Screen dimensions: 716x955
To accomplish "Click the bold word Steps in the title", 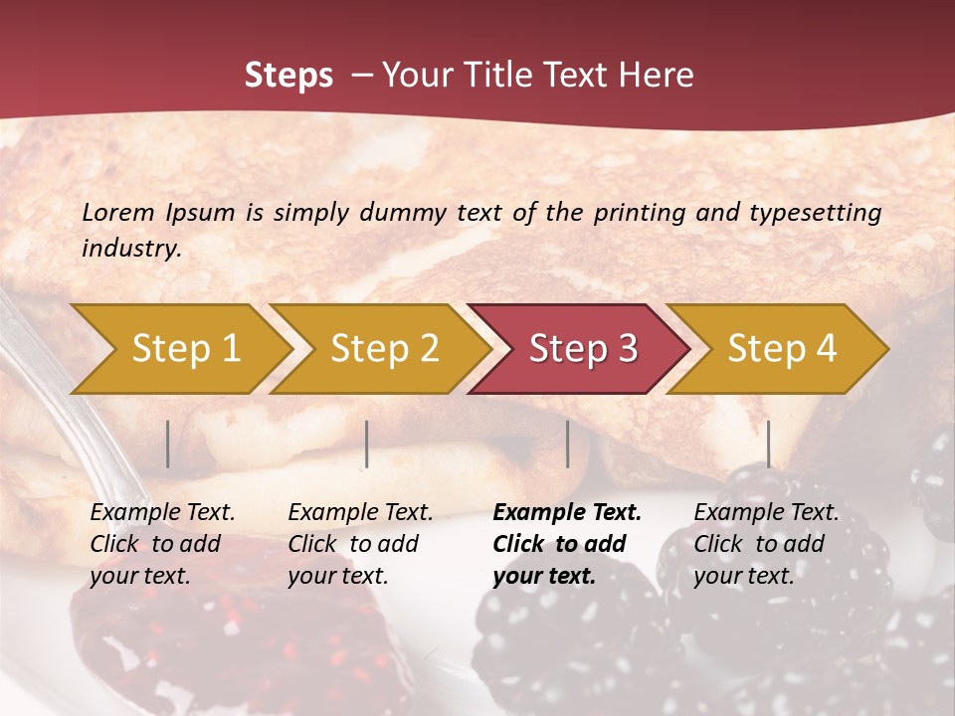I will pyautogui.click(x=288, y=76).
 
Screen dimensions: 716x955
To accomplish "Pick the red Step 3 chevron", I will pyautogui.click(x=583, y=349).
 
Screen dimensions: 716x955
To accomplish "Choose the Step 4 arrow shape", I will pyautogui.click(x=782, y=349).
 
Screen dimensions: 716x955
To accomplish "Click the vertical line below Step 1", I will pyautogui.click(x=168, y=444).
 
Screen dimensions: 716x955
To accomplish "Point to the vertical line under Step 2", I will pyautogui.click(x=367, y=444).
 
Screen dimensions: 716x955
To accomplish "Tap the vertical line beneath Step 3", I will pyautogui.click(x=567, y=444).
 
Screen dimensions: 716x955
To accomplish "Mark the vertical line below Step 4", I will pyautogui.click(x=768, y=444).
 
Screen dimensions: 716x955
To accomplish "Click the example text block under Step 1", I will pyautogui.click(x=162, y=544).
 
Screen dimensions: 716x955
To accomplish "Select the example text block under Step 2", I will pyautogui.click(x=360, y=544).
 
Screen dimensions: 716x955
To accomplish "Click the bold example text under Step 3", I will pyautogui.click(x=567, y=544).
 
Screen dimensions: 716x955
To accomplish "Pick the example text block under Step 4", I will pyautogui.click(x=766, y=544).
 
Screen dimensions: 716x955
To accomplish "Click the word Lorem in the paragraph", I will pyautogui.click(x=117, y=213).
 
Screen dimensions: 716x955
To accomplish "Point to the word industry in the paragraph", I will pyautogui.click(x=130, y=249).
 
